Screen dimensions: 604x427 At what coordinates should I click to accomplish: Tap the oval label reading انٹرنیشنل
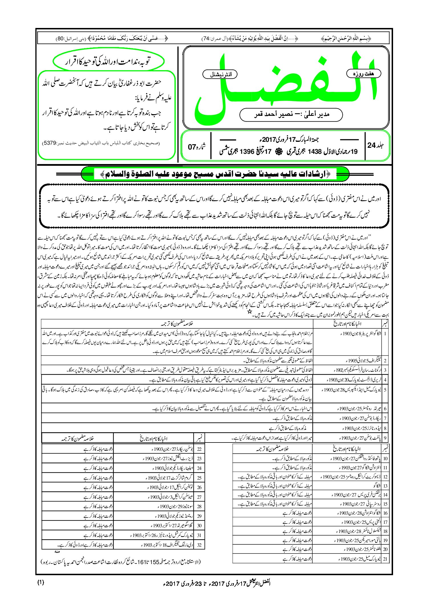(220, 75)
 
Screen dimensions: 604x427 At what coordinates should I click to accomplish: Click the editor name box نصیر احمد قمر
(291, 114)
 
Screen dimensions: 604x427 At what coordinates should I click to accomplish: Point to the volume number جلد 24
(376, 146)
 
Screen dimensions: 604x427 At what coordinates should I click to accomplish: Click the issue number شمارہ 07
(197, 147)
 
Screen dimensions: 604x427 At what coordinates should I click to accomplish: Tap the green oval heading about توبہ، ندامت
(109, 61)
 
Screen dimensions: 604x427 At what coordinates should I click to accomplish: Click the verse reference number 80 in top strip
(60, 38)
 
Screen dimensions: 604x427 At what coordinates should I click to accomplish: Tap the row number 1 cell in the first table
(385, 333)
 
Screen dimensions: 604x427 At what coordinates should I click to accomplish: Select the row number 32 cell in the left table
(199, 545)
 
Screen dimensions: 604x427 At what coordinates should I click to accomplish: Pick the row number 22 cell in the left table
(199, 449)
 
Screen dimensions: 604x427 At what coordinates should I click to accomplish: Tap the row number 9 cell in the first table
(385, 438)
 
